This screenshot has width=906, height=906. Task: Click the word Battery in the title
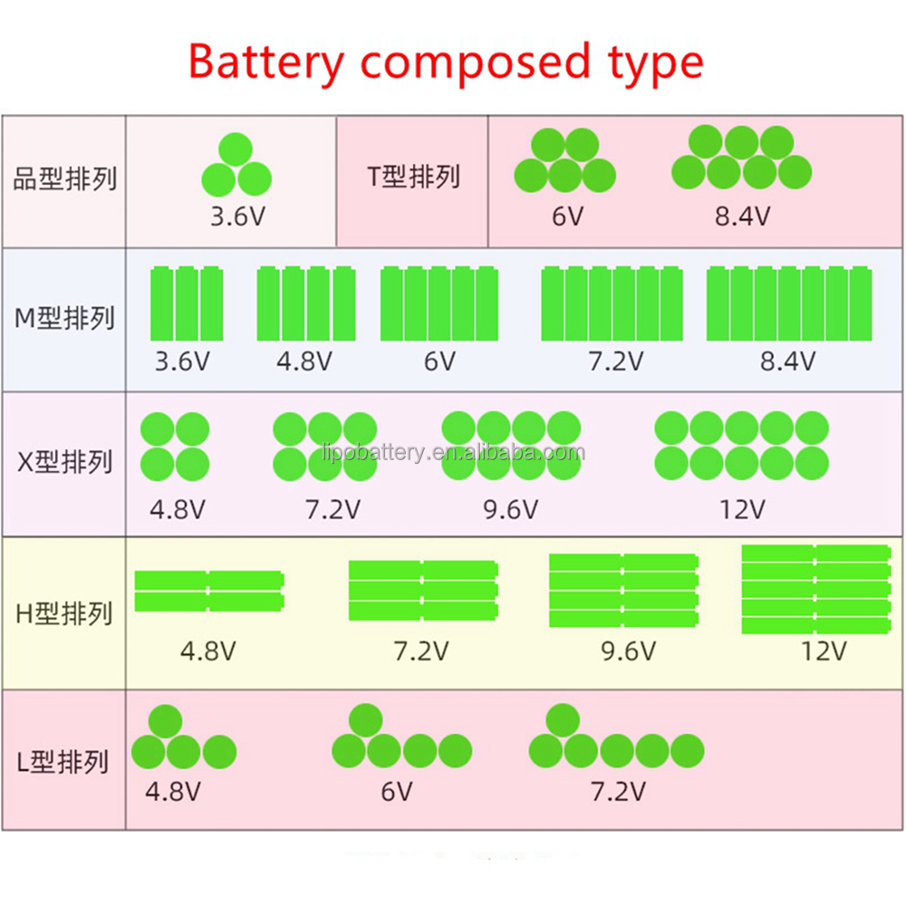click(266, 63)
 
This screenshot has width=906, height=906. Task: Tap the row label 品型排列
click(65, 178)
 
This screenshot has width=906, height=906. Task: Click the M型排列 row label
click(65, 318)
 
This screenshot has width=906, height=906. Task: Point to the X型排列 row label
click(65, 462)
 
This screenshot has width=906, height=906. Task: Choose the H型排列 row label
click(65, 613)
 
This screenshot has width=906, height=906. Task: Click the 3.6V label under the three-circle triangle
click(236, 217)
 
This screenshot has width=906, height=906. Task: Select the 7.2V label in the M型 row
click(616, 362)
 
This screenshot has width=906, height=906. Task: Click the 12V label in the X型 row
click(742, 510)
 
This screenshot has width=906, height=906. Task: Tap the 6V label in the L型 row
click(396, 792)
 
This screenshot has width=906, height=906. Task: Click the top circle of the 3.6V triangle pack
click(236, 149)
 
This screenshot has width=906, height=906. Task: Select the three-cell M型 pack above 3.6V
click(186, 304)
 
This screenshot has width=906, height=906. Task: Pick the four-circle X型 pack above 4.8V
click(175, 446)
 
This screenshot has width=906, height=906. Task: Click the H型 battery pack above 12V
click(816, 589)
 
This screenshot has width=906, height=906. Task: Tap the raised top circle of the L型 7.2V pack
click(563, 720)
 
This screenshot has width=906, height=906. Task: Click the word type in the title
click(650, 63)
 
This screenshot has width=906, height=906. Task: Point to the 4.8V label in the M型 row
click(304, 362)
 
